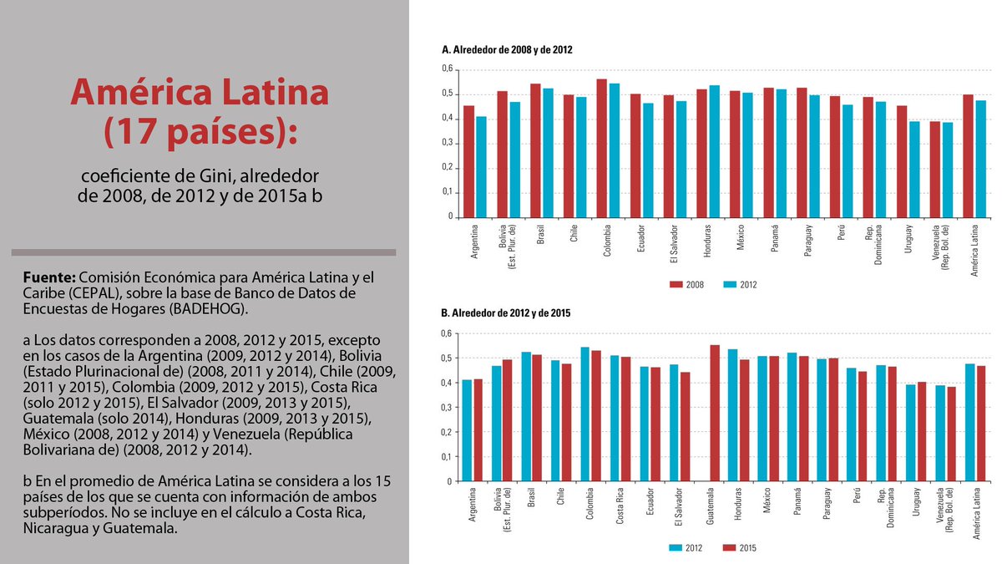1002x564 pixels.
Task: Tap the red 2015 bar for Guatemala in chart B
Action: tap(714, 414)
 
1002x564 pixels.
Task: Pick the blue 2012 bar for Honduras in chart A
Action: tap(714, 150)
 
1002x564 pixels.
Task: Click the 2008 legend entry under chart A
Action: tap(687, 285)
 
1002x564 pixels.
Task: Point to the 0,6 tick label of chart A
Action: tap(447, 69)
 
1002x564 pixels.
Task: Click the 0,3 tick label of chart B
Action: tap(447, 408)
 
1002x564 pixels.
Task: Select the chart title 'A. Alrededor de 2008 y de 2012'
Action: tap(506, 50)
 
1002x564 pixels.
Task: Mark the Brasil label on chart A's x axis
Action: tap(541, 233)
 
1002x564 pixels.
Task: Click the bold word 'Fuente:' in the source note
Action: tap(49, 277)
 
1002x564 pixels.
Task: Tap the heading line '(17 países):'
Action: tap(200, 130)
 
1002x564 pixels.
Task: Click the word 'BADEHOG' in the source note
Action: tap(210, 309)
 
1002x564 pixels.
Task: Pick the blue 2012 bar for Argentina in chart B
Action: tap(468, 430)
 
